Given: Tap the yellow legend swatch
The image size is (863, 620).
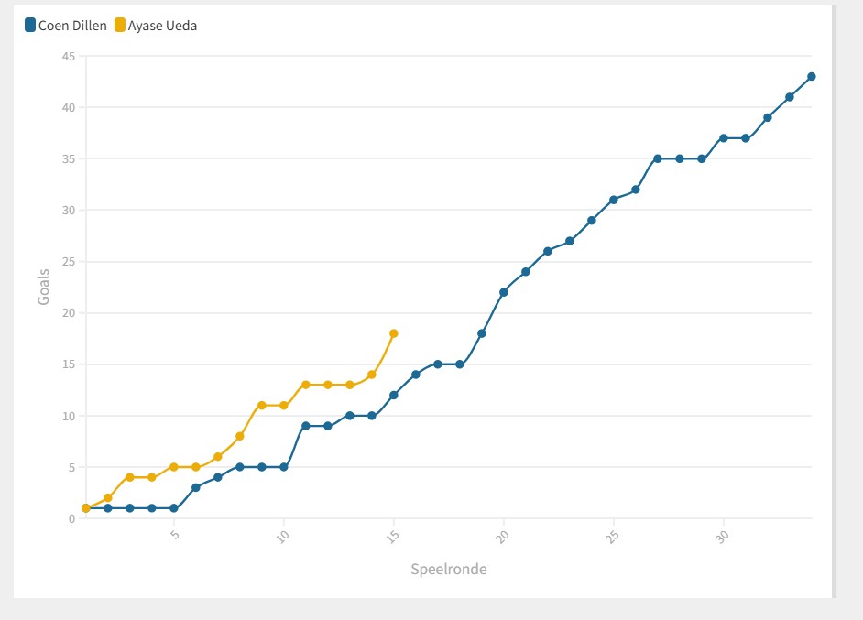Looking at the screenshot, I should point(120,26).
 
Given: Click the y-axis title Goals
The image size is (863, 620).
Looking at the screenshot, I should point(44,287).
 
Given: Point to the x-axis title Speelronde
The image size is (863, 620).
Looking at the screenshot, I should point(449,570).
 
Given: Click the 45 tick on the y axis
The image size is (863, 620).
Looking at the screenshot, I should point(68,57).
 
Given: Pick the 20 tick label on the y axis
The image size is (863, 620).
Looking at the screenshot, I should point(68,313).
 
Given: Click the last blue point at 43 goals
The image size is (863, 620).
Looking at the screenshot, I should point(812,77).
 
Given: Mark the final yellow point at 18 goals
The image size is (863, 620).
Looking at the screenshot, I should point(394,333).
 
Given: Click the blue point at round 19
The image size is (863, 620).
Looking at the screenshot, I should point(482,333).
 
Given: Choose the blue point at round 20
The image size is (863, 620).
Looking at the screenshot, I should point(504,292).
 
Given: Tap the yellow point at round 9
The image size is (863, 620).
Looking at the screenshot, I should point(262,405).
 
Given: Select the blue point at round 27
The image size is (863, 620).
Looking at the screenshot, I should point(658,158).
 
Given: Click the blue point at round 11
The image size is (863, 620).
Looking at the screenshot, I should point(306,426).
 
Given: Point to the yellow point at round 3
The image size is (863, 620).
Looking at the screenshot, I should point(130,477).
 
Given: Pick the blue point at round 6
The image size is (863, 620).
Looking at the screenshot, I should point(196,487).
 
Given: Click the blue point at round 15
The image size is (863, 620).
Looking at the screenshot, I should point(394,395).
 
